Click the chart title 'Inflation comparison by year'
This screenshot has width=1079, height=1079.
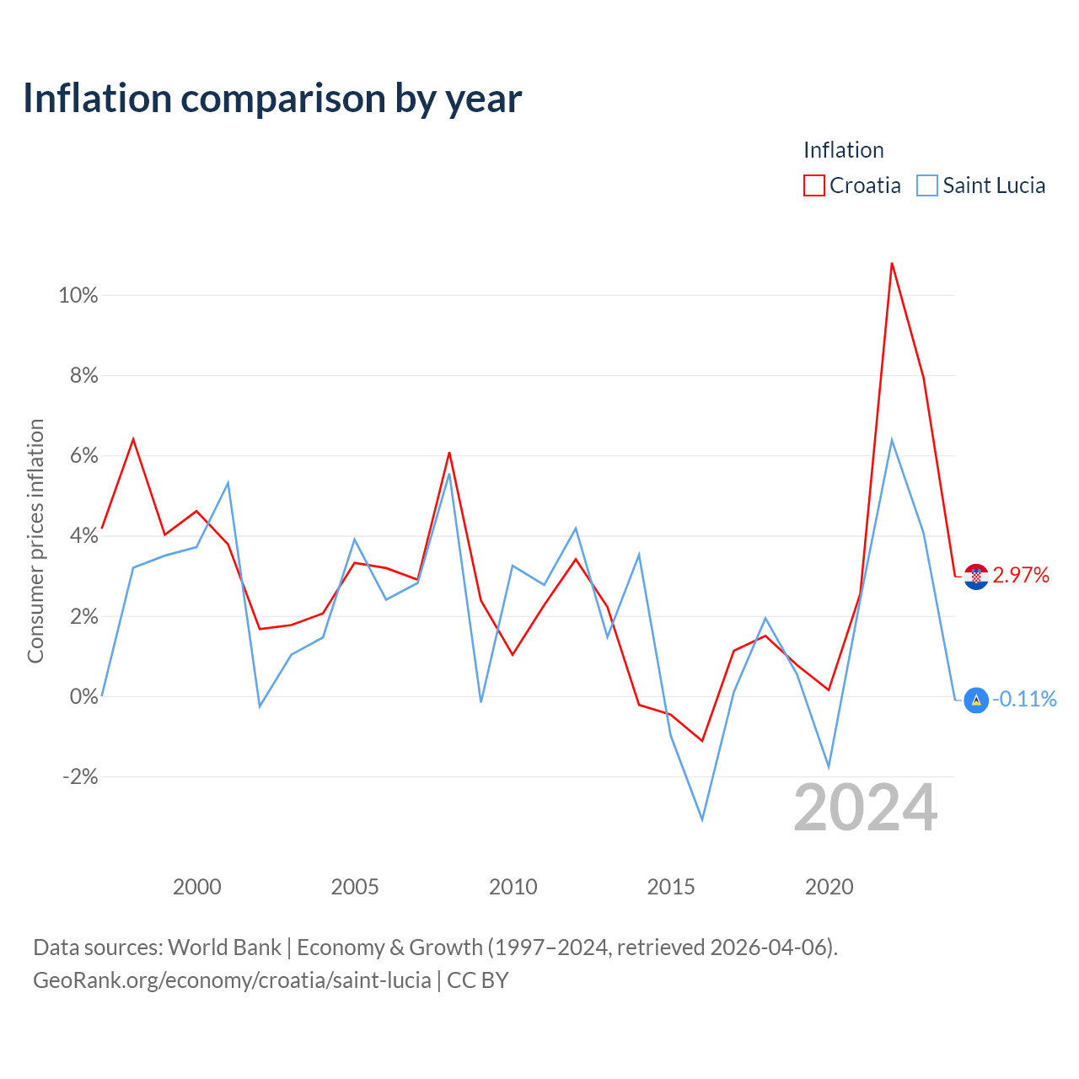pyautogui.click(x=272, y=99)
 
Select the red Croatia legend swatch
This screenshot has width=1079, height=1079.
pyautogui.click(x=813, y=185)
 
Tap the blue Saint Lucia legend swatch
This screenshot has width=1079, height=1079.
pyautogui.click(x=926, y=185)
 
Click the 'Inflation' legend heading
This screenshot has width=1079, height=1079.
pyautogui.click(x=843, y=150)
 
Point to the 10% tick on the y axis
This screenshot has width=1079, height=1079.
pyautogui.click(x=78, y=295)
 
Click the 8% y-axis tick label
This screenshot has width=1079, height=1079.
pyautogui.click(x=84, y=375)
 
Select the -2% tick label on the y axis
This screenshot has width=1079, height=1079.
pyautogui.click(x=81, y=776)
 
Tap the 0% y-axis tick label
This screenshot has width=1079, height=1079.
pyautogui.click(x=84, y=696)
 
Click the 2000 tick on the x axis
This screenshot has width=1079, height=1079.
pyautogui.click(x=197, y=887)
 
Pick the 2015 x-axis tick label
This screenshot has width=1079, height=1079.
pyautogui.click(x=671, y=887)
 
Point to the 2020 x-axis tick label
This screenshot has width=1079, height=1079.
pyautogui.click(x=829, y=887)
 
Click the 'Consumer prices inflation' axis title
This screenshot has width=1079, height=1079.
pyautogui.click(x=35, y=541)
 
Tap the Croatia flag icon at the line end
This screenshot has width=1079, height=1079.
pyautogui.click(x=976, y=577)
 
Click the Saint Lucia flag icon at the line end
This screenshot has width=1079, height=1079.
pyautogui.click(x=976, y=700)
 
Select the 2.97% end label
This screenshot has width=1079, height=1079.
pyautogui.click(x=1021, y=575)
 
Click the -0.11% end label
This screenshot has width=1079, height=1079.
pyautogui.click(x=1025, y=699)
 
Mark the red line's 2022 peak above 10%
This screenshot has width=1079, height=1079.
pyautogui.click(x=892, y=263)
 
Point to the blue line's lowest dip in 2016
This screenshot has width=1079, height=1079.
pyautogui.click(x=702, y=820)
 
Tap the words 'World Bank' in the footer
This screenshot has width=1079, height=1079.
pyautogui.click(x=224, y=947)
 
